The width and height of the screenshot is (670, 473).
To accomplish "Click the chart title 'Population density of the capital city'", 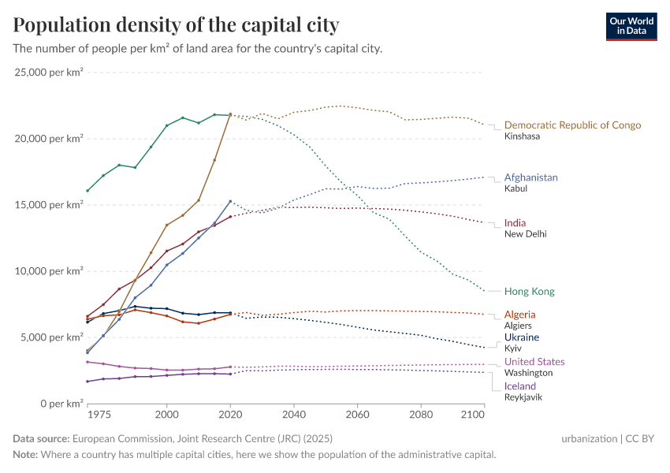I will [x=176, y=25].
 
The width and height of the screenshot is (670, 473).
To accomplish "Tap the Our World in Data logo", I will [x=631, y=26].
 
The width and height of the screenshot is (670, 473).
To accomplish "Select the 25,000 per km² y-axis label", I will [x=49, y=73].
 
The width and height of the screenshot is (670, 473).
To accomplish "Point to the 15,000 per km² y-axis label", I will [x=49, y=205].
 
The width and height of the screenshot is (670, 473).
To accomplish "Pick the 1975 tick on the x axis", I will [x=99, y=414].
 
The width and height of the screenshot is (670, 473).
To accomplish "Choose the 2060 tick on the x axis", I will [x=357, y=414].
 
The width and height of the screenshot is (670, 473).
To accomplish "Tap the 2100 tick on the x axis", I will [x=472, y=414].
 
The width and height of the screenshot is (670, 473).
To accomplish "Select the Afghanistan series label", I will [x=530, y=177].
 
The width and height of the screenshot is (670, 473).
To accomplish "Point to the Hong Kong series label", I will [x=529, y=292].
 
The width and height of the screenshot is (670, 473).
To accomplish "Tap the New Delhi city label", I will [x=525, y=234].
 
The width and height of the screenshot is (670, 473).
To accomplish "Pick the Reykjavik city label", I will [x=523, y=397].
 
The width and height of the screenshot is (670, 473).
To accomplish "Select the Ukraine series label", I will [x=522, y=337].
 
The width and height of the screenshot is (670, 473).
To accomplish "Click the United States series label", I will [x=534, y=362].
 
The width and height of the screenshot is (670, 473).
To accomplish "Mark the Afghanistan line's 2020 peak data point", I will [x=230, y=201].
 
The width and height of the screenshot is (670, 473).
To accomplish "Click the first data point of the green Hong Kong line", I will [x=87, y=191].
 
